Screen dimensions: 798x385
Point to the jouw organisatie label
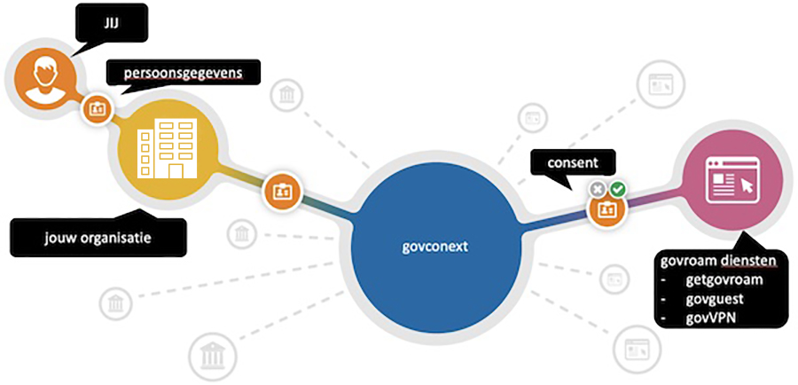[x=98, y=237]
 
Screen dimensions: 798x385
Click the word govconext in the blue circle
[x=434, y=247]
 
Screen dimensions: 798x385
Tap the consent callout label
[x=573, y=163]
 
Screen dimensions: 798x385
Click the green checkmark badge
[x=618, y=190]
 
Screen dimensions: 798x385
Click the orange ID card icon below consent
[x=607, y=210]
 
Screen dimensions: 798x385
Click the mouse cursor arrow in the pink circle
[x=747, y=185]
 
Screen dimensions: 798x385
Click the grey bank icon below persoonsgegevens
[x=286, y=95]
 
